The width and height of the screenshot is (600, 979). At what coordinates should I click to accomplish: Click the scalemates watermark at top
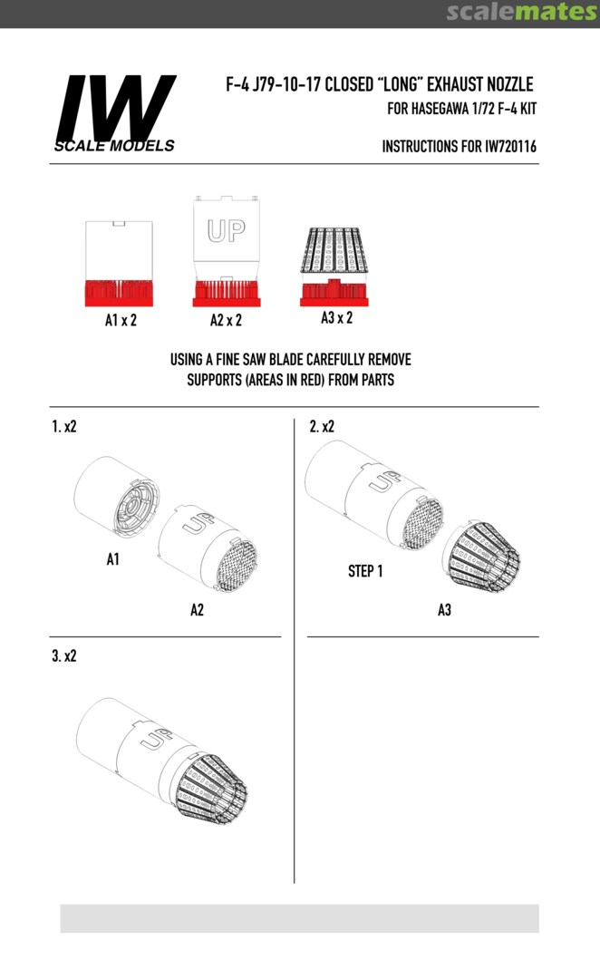[x=522, y=13]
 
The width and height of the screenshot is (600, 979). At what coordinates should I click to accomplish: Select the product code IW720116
[x=510, y=146]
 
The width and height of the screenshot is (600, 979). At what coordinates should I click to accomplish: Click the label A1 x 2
[x=121, y=320]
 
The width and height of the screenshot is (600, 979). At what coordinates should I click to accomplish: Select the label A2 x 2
[x=226, y=320]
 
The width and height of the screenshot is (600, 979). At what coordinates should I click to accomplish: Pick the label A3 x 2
[x=336, y=318]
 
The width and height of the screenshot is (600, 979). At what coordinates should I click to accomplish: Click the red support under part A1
[x=119, y=293]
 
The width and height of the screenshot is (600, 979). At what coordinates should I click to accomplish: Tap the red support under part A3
[x=334, y=292]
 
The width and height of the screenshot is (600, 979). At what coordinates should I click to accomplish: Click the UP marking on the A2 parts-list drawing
[x=226, y=230]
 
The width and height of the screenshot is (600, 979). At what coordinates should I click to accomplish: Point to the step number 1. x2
[x=63, y=426]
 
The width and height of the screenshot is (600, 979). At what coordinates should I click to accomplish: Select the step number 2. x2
[x=322, y=426]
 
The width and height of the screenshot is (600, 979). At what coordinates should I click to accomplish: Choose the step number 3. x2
[x=63, y=656]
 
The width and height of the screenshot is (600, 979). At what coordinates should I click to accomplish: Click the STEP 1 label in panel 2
[x=365, y=571]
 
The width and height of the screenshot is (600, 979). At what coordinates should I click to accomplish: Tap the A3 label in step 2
[x=444, y=610]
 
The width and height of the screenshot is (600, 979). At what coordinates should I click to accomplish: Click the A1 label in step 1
[x=113, y=559]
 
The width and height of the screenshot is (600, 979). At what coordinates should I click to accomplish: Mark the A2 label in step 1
[x=198, y=610]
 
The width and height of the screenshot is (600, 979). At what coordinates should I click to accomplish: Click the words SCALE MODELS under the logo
[x=114, y=146]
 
